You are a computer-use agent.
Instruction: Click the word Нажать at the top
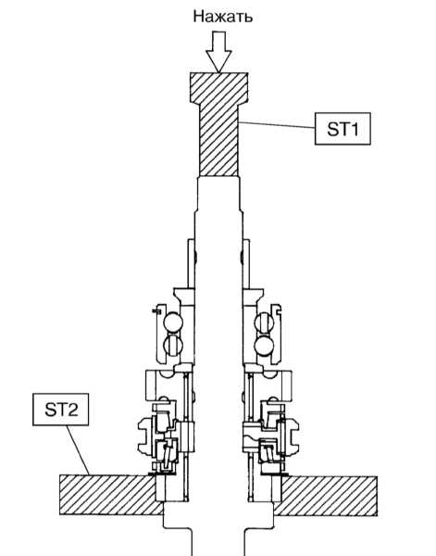point(223,17)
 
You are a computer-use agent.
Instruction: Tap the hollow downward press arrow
point(218,52)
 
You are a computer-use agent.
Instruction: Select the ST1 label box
point(343,129)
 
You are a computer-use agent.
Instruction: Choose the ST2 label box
point(60,410)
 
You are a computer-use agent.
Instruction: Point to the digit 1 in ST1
point(355,129)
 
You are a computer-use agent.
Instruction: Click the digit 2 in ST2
point(72,410)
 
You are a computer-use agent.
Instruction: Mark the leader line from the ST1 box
point(276,125)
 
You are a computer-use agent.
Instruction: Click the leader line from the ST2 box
point(78,450)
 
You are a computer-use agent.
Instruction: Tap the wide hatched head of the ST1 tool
point(218,88)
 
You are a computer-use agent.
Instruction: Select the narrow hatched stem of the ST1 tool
point(218,140)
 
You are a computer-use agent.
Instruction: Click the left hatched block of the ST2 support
point(107,495)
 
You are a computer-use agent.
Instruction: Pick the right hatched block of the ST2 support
point(329,496)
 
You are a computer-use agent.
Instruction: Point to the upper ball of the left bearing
point(173,322)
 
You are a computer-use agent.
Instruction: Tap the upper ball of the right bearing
point(265,322)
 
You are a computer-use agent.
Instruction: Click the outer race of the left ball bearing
point(159,334)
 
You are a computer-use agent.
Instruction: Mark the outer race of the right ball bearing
point(276,334)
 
